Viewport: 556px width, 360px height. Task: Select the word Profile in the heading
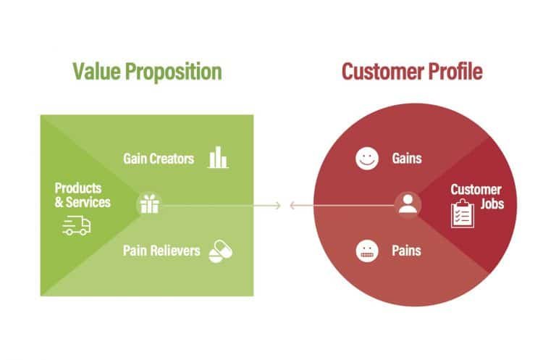(456, 72)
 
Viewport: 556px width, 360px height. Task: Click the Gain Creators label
(159, 158)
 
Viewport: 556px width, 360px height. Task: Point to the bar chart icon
(217, 158)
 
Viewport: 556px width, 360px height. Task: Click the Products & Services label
(82, 195)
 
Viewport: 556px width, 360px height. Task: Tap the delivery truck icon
(77, 227)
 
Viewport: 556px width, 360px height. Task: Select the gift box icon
(149, 205)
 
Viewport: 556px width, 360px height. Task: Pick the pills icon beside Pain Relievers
(220, 251)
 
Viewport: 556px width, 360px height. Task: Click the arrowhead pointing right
(277, 206)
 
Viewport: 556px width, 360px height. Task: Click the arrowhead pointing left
(292, 206)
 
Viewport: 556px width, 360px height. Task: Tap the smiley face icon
(368, 158)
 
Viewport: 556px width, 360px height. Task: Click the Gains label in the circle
(407, 158)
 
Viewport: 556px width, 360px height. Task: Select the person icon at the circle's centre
(408, 205)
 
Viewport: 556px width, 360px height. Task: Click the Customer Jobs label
(476, 197)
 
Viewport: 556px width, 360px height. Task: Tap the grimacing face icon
(368, 251)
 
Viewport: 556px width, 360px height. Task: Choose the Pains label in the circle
(407, 251)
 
